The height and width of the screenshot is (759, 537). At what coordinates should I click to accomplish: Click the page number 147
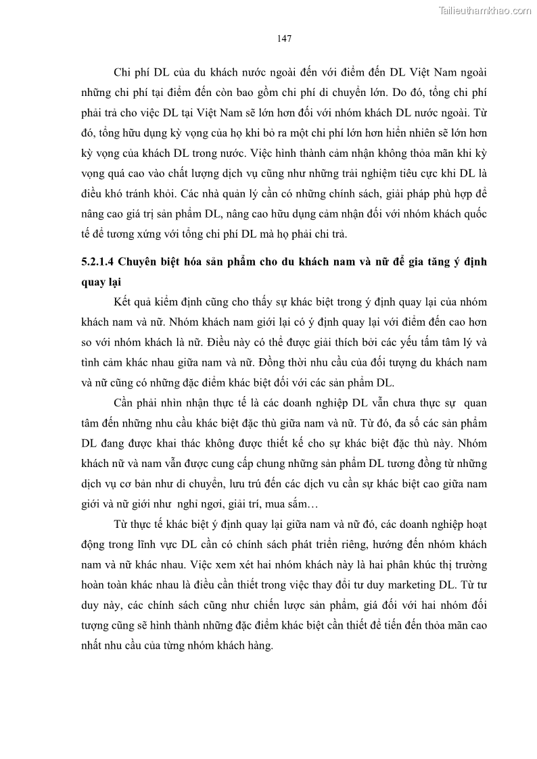284,39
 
